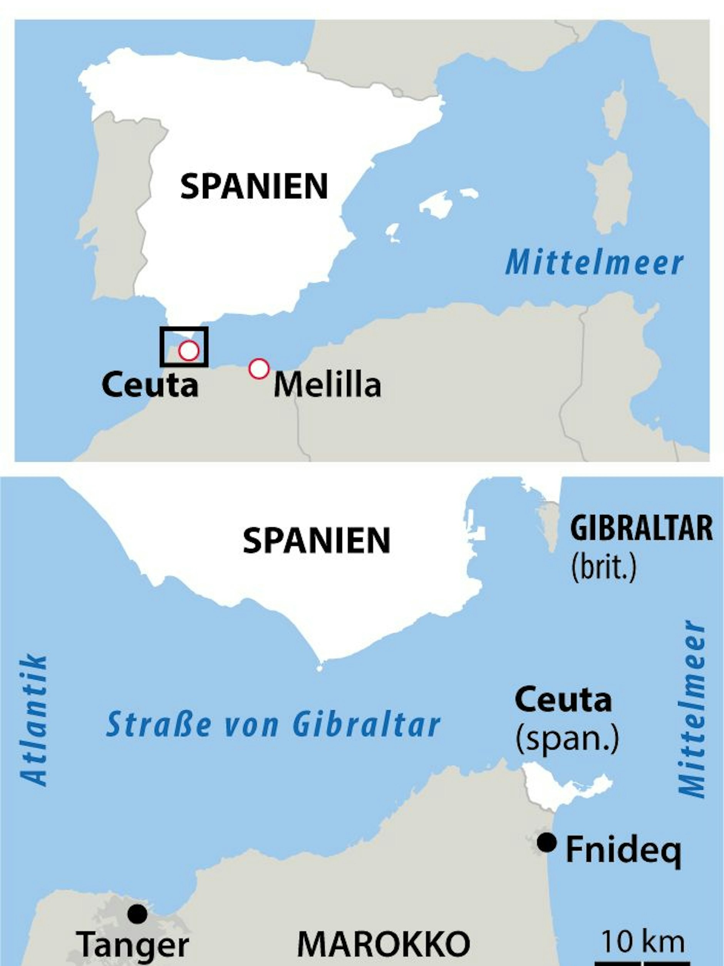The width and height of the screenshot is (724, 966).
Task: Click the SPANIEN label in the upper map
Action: pos(254,186)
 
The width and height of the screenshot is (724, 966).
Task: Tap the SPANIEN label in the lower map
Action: pos(316,541)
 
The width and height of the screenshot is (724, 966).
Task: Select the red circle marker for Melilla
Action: pos(258,369)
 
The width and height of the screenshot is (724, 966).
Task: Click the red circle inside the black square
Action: pos(189,350)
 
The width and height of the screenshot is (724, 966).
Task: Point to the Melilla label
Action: pos(327,385)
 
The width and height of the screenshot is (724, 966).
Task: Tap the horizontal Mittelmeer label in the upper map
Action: pos(594,263)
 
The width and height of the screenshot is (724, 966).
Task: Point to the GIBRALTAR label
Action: pos(641,528)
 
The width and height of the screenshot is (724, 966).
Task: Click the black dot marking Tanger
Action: pos(137,914)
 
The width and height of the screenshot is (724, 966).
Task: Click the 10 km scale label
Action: pos(643,939)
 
